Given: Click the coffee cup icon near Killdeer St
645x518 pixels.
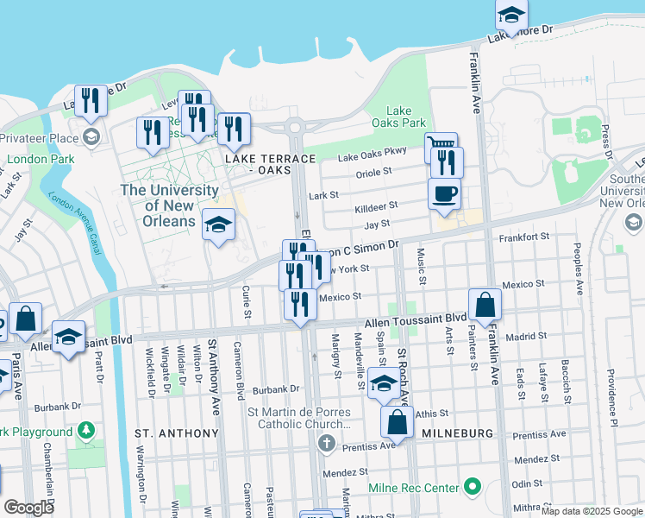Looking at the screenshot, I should pos(444,193).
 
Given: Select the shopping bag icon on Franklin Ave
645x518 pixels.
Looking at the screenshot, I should pos(485,304).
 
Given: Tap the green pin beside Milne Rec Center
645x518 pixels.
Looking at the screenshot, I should pos(472,488).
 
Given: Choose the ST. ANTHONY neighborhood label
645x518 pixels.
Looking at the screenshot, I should pos(176,433).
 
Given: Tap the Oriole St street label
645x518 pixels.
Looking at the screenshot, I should pos(373,173).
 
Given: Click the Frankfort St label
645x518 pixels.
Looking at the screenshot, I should pos(523,237).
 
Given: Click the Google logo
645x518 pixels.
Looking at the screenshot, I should pos(29,508).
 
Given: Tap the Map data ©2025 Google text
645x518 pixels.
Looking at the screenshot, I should pos(592,511).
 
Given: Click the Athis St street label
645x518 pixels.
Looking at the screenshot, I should pos(432,414).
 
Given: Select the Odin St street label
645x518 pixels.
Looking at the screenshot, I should pos(527,484).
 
